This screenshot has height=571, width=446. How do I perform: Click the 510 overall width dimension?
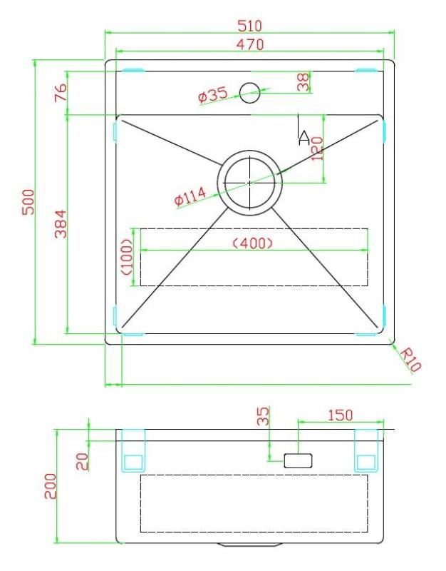coord(250,26)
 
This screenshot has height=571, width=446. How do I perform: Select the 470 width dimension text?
coord(250,44)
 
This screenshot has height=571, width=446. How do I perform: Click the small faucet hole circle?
coord(249,91)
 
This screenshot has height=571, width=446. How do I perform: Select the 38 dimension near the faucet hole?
coord(304,82)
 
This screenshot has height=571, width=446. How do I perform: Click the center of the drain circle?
coord(249,182)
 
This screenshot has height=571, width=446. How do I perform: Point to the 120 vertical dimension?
coord(318,148)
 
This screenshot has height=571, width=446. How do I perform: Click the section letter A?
coord(304,138)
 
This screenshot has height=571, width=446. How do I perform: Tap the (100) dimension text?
coord(127,258)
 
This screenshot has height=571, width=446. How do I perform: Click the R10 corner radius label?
coord(410,359)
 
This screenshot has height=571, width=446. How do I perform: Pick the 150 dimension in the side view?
coord(340,415)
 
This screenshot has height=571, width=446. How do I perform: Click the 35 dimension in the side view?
coord(263,416)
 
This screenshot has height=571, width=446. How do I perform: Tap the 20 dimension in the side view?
coord(83,461)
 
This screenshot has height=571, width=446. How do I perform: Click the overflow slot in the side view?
coord(298,460)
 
